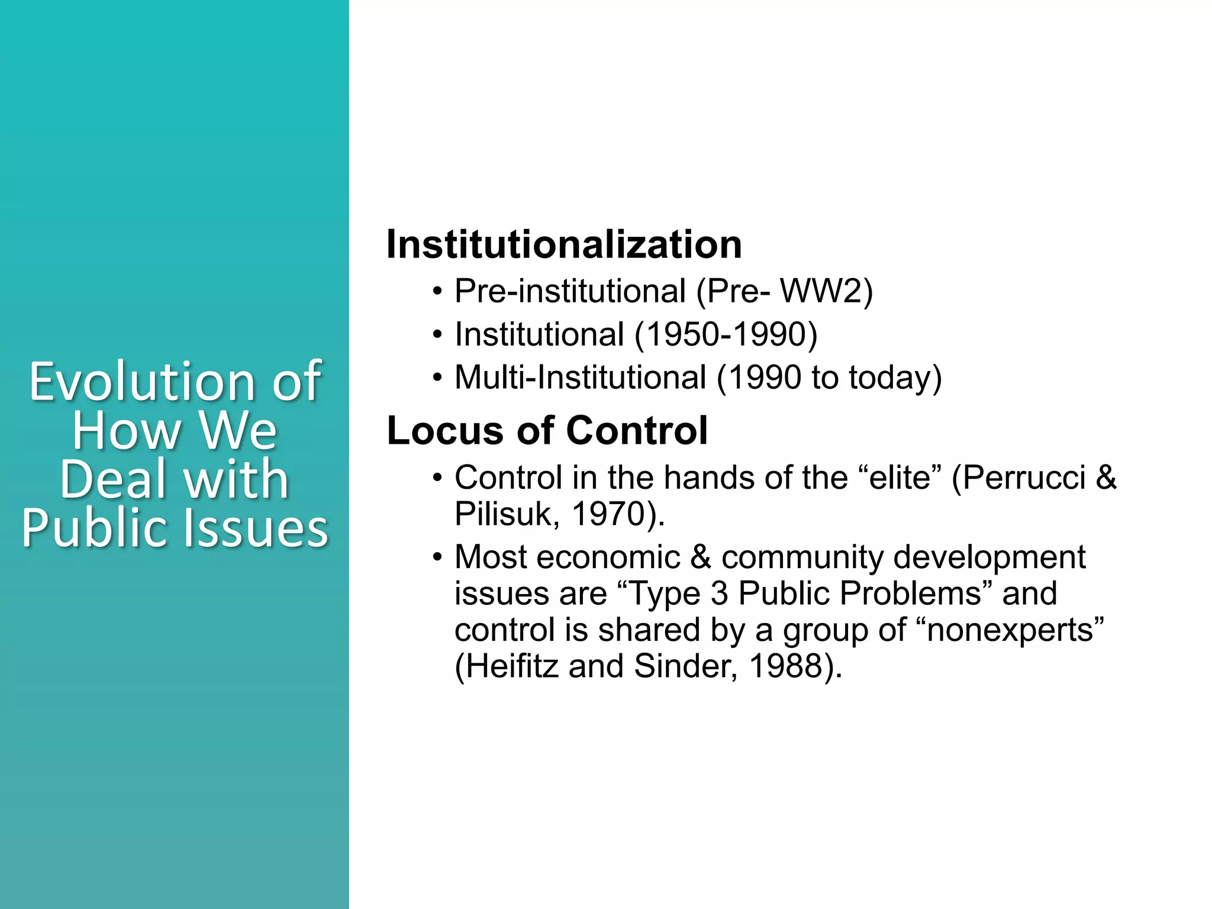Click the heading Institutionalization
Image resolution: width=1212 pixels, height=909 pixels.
pyautogui.click(x=563, y=244)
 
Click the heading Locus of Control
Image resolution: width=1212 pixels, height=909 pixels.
pyautogui.click(x=547, y=430)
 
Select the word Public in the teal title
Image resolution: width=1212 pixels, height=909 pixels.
pyautogui.click(x=98, y=528)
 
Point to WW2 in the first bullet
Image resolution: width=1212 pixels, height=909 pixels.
pyautogui.click(x=826, y=291)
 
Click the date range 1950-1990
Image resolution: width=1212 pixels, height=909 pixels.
pyautogui.click(x=726, y=334)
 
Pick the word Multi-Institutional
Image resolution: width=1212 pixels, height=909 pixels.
pyautogui.click(x=580, y=378)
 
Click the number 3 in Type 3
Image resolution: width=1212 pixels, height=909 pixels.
pyautogui.click(x=719, y=594)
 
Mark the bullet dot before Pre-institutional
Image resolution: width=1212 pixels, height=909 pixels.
pyautogui.click(x=437, y=292)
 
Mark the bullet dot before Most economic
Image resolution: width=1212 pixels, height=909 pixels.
pyautogui.click(x=437, y=557)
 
